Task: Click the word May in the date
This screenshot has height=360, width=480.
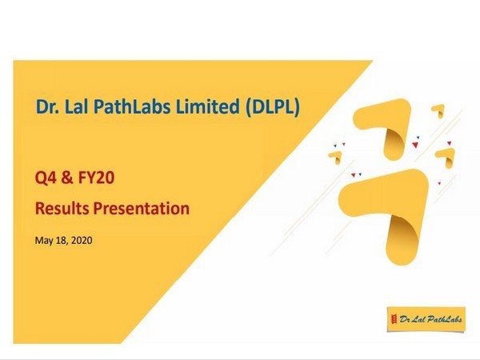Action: [46, 240]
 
